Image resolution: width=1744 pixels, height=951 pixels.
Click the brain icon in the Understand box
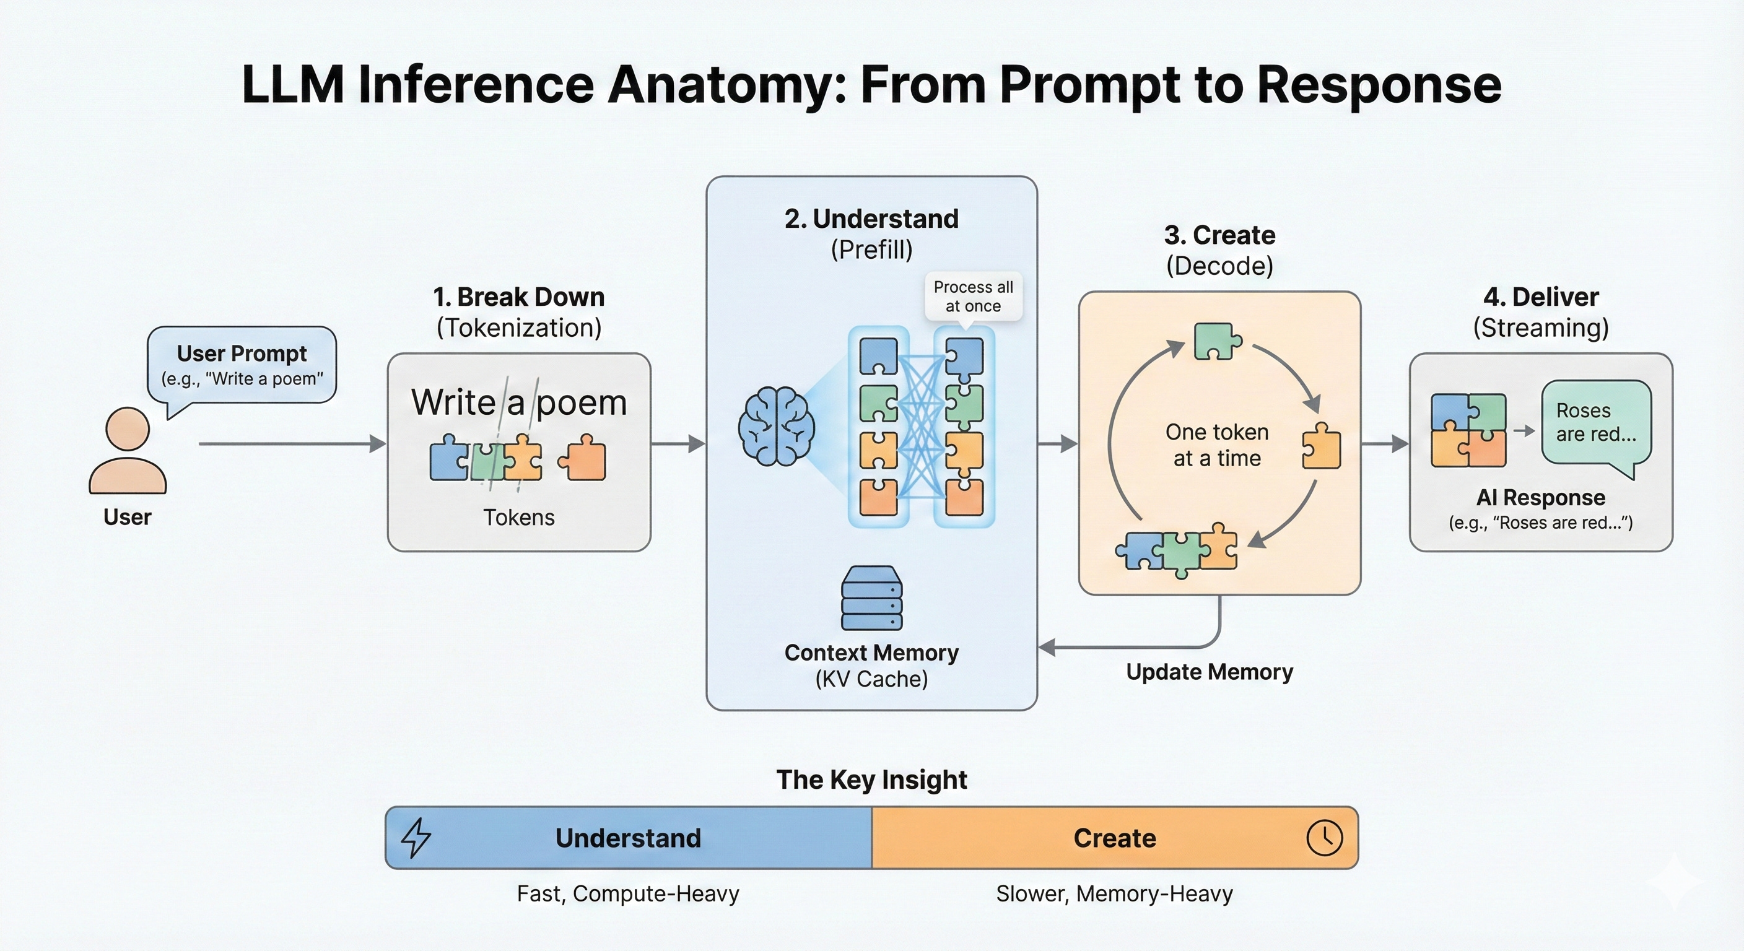pos(777,427)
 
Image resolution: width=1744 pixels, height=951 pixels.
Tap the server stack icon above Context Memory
pos(871,598)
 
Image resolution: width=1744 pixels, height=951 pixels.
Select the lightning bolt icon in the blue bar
pos(416,837)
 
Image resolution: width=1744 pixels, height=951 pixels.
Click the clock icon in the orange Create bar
pos(1323,837)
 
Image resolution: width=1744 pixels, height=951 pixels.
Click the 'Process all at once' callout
pos(973,297)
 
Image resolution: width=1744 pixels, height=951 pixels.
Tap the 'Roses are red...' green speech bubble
pos(1596,423)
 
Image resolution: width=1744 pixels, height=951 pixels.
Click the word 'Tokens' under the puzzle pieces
pos(518,517)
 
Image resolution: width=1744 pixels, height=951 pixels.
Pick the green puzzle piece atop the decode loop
pos(1216,341)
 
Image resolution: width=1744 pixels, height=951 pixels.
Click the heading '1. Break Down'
pos(518,297)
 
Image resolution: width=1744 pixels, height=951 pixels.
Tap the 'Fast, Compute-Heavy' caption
pos(627,893)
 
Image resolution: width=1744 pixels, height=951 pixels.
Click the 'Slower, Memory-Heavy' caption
pos(1114,893)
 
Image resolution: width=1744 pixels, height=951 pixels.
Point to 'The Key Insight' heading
pos(871,779)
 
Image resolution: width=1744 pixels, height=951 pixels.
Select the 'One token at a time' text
pos(1216,445)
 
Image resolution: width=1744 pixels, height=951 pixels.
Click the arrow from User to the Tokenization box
pos(291,444)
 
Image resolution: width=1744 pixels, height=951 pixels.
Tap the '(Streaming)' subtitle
pos(1540,328)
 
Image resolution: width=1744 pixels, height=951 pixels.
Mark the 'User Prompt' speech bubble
pos(242,365)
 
